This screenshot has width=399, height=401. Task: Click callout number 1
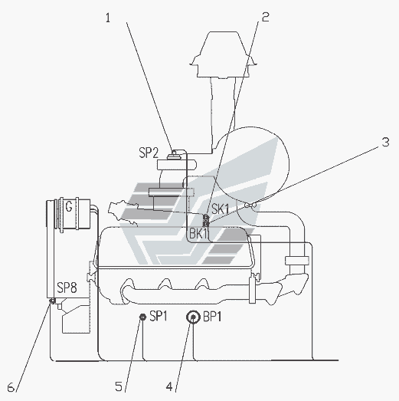click(x=108, y=18)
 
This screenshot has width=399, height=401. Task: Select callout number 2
click(x=266, y=17)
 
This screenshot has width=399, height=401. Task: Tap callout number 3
click(x=385, y=142)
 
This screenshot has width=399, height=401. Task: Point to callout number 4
click(x=169, y=386)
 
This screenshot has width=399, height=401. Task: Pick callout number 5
click(x=119, y=386)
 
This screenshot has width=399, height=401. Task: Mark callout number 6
click(x=11, y=387)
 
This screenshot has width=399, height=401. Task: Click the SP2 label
click(x=149, y=153)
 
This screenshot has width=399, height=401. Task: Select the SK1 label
click(x=221, y=209)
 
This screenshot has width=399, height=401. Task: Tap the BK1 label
click(x=199, y=234)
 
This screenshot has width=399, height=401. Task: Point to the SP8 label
click(x=67, y=288)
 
